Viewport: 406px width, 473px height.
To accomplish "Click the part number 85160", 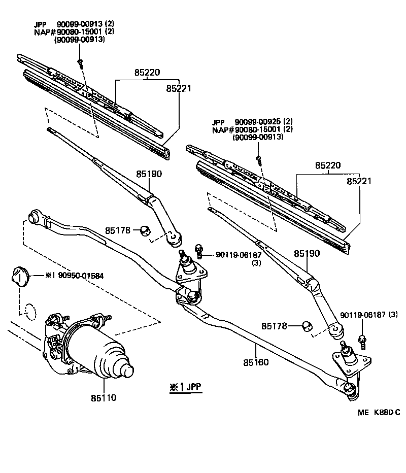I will pyautogui.click(x=256, y=362).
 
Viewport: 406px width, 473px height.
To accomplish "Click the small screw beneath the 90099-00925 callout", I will pyautogui.click(x=259, y=158).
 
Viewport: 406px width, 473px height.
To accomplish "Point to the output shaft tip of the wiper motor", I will pyautogui.click(x=128, y=371).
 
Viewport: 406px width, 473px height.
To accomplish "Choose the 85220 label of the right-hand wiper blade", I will pyautogui.click(x=327, y=165).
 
